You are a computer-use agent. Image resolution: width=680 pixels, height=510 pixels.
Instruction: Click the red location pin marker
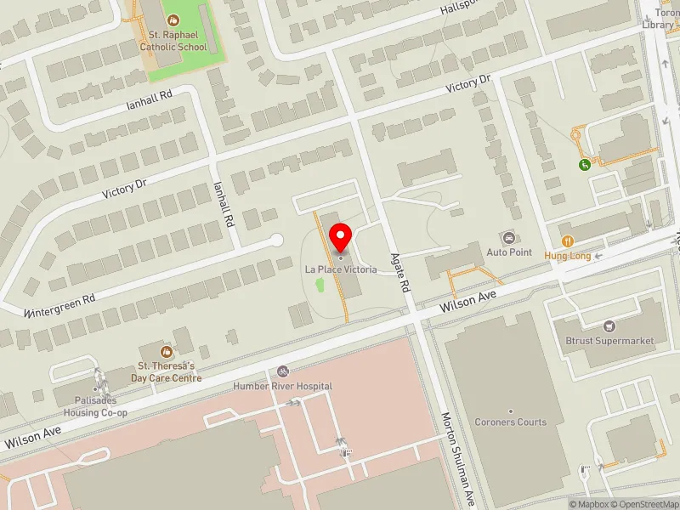tap(341, 235)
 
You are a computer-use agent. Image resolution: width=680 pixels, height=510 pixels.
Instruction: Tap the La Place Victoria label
tap(341, 269)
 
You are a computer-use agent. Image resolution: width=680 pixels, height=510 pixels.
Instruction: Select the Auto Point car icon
tap(509, 238)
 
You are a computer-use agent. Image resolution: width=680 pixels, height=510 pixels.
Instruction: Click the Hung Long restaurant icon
tap(567, 241)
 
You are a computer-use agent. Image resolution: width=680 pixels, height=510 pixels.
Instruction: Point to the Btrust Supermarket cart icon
tap(609, 326)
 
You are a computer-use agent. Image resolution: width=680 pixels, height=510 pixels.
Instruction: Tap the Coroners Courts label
tap(511, 422)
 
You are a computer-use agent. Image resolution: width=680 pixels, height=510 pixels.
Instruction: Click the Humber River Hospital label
tap(284, 386)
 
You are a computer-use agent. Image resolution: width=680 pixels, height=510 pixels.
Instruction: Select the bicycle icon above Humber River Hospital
tap(283, 371)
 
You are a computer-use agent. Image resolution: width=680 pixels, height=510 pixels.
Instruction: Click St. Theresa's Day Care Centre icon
tap(167, 351)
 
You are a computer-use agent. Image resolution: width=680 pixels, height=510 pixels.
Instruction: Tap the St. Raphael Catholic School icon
tap(173, 19)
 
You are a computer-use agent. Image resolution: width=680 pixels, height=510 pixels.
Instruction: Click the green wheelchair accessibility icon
tap(585, 165)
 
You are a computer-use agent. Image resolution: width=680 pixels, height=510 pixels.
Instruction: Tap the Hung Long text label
tap(567, 256)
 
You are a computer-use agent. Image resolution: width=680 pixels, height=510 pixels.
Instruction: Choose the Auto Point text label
tap(509, 252)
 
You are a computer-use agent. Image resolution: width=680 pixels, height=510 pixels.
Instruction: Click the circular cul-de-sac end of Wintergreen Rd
tap(276, 241)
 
